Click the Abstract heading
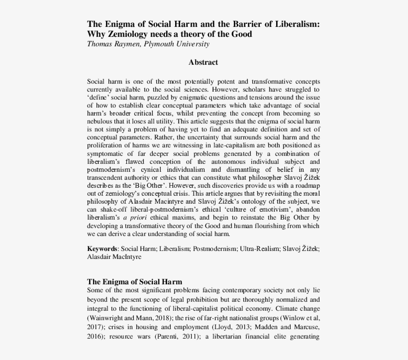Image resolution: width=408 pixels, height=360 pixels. (x=204, y=63)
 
